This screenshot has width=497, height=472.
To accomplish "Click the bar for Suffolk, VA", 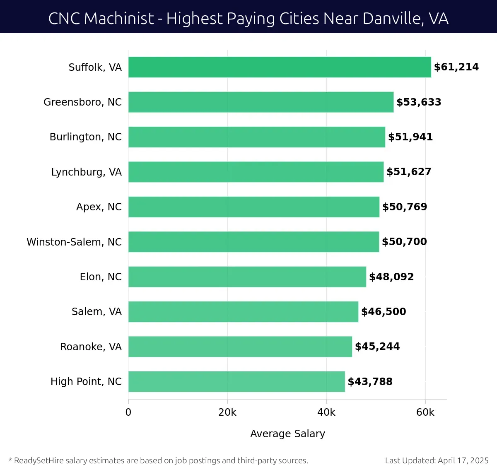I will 280,67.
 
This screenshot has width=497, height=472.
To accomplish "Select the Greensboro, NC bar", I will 261,102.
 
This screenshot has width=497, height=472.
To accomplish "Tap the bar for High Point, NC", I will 236,382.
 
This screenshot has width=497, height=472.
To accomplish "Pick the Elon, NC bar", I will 247,277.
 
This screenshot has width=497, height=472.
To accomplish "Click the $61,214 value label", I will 456,67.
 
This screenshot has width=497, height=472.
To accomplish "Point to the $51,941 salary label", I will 410,137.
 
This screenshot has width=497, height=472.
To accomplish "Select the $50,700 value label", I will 404,242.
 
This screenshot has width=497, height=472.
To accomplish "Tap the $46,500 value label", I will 384,312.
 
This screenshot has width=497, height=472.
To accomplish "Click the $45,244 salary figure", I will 377,347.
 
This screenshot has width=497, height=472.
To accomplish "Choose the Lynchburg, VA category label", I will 86,172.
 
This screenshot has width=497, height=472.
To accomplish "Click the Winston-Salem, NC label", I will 74,242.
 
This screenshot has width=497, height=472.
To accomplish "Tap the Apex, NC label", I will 99,207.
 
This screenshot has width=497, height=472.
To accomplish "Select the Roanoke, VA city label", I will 91,347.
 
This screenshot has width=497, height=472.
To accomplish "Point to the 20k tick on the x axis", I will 227,412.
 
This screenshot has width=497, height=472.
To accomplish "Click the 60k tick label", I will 425,412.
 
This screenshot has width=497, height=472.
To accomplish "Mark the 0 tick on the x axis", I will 128,412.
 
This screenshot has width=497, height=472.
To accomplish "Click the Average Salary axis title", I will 287,433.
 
